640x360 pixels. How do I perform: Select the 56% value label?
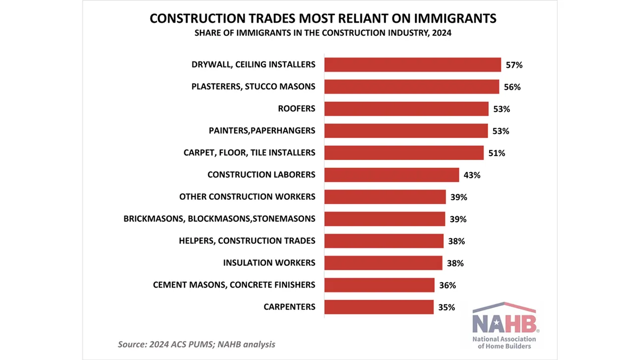(512, 87)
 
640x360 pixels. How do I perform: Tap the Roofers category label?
(297, 109)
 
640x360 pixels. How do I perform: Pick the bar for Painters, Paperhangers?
(406, 131)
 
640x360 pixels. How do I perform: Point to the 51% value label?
(496, 153)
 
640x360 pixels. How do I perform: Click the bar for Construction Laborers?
(391, 175)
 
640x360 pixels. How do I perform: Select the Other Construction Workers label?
(247, 197)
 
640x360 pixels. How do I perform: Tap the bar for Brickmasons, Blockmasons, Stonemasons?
(384, 219)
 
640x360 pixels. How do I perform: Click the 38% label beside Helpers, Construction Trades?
(456, 241)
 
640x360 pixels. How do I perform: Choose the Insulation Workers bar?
(383, 263)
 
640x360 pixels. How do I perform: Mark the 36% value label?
(447, 285)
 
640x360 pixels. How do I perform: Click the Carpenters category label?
(289, 307)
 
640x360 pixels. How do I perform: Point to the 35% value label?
(447, 307)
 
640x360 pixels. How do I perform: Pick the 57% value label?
(514, 65)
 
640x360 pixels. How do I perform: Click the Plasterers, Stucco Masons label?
(253, 87)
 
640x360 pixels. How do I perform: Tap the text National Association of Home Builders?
(504, 343)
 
